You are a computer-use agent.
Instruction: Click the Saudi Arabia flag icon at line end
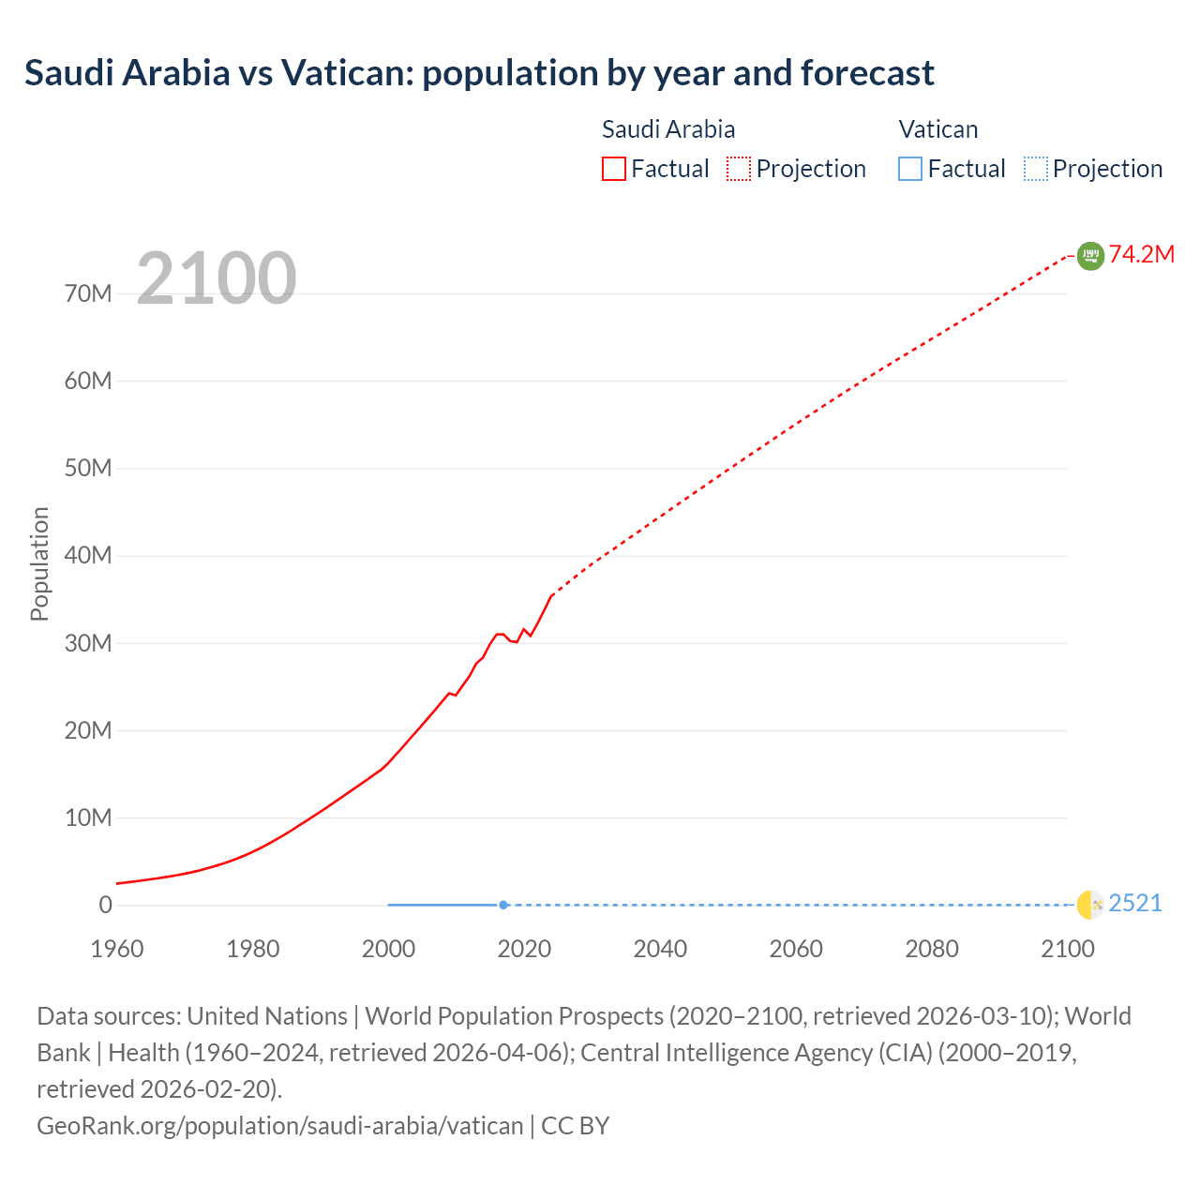[x=1090, y=256]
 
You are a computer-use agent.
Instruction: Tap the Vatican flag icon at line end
[x=1090, y=905]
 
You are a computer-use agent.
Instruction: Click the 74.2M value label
[x=1142, y=255]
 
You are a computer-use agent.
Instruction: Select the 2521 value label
[x=1135, y=904]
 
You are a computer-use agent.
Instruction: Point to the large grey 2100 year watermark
[x=217, y=278]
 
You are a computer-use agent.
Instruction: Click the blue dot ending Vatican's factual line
[x=503, y=905]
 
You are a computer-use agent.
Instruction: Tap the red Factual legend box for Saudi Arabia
[x=613, y=169]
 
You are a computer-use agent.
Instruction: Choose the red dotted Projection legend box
[x=739, y=169]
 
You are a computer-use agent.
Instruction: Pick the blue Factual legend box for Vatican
[x=909, y=169]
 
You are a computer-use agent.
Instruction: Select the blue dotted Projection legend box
[x=1035, y=169]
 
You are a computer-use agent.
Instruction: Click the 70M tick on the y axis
[x=88, y=294]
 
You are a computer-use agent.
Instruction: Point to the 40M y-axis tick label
[x=88, y=556]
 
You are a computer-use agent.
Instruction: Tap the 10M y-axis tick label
[x=88, y=818]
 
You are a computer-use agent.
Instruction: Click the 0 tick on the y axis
[x=105, y=906]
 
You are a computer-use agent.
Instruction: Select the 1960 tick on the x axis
[x=117, y=949]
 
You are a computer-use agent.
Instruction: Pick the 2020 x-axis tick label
[x=524, y=949]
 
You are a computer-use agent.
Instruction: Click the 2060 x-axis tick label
[x=796, y=949]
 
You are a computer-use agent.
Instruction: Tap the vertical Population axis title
[x=39, y=563]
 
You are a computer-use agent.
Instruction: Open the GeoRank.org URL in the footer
[x=279, y=1126]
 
